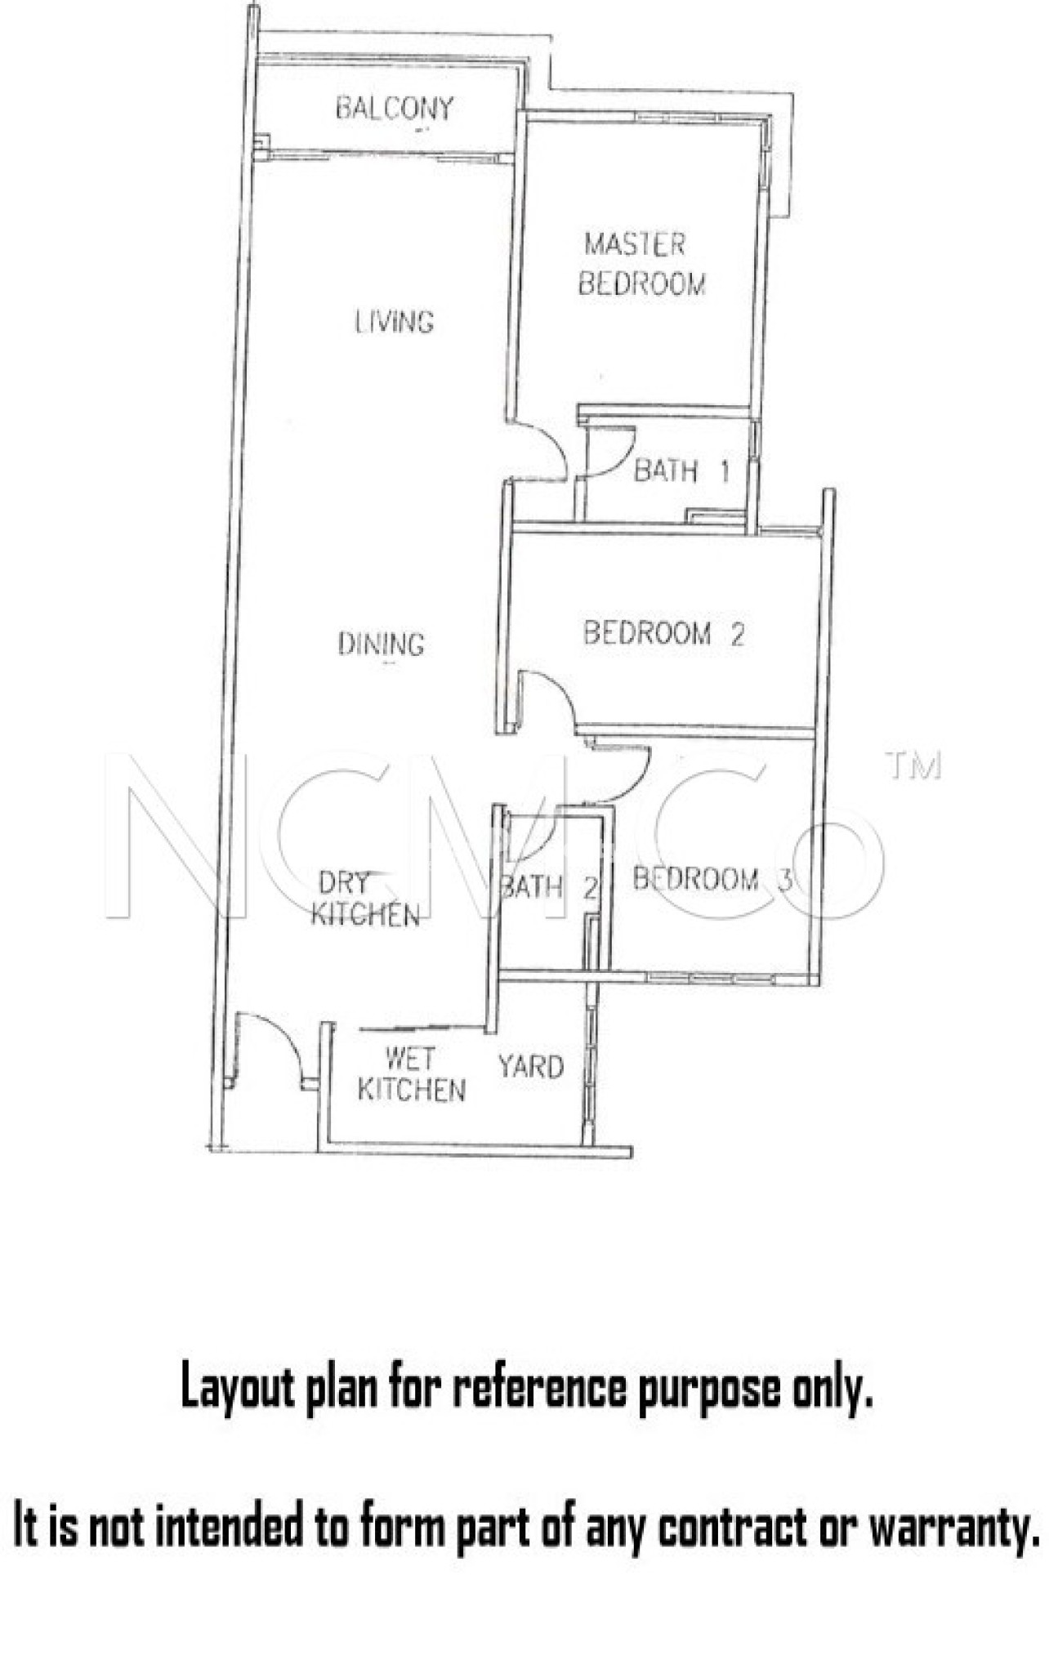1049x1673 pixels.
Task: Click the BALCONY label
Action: point(395,109)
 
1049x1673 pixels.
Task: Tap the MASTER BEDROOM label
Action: point(642,264)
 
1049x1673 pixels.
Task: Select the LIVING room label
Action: point(395,322)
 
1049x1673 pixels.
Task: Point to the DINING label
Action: point(382,645)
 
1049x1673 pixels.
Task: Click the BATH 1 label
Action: point(681,471)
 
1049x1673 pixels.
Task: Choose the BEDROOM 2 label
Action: point(663,633)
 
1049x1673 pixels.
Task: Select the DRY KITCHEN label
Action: point(365,899)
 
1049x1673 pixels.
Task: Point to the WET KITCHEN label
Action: point(412,1075)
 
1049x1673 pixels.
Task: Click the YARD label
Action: point(531,1067)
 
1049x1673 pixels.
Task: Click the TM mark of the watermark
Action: point(914,765)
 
